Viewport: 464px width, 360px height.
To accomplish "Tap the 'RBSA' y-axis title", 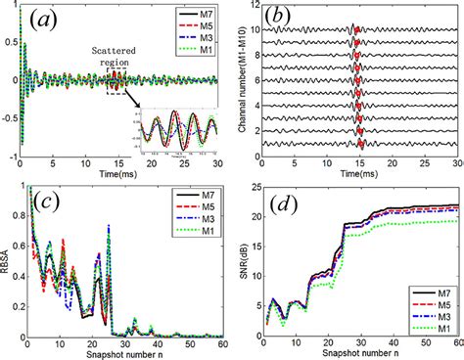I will (8, 262).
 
